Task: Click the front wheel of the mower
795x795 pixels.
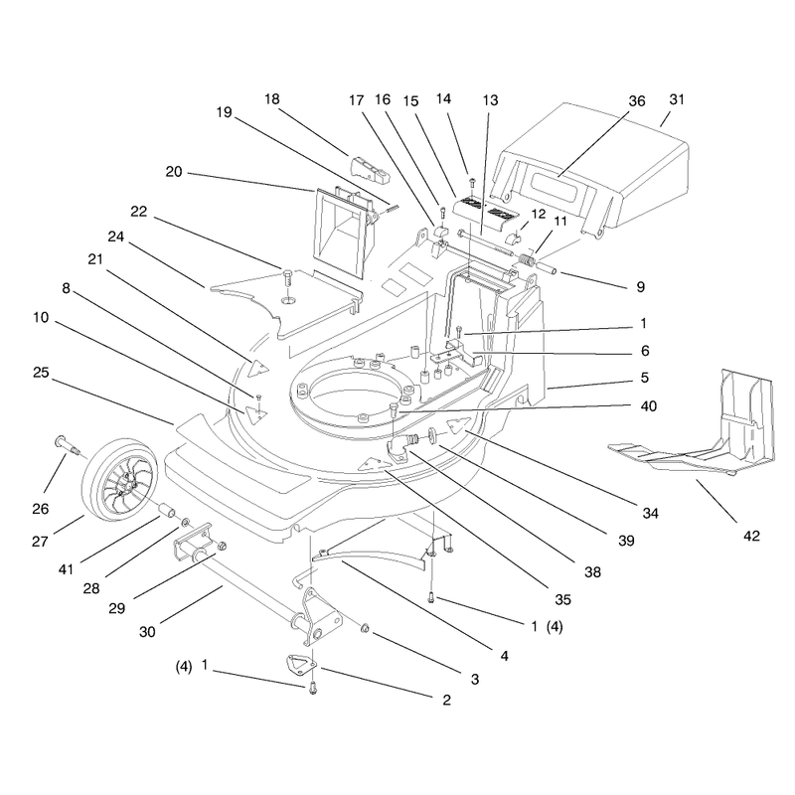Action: point(120,480)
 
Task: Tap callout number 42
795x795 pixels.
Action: point(751,536)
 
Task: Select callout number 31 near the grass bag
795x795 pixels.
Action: point(677,99)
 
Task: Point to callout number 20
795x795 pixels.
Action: point(173,171)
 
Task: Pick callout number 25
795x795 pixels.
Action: point(41,372)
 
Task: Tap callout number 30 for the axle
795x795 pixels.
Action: point(147,632)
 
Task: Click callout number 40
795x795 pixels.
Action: point(649,405)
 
